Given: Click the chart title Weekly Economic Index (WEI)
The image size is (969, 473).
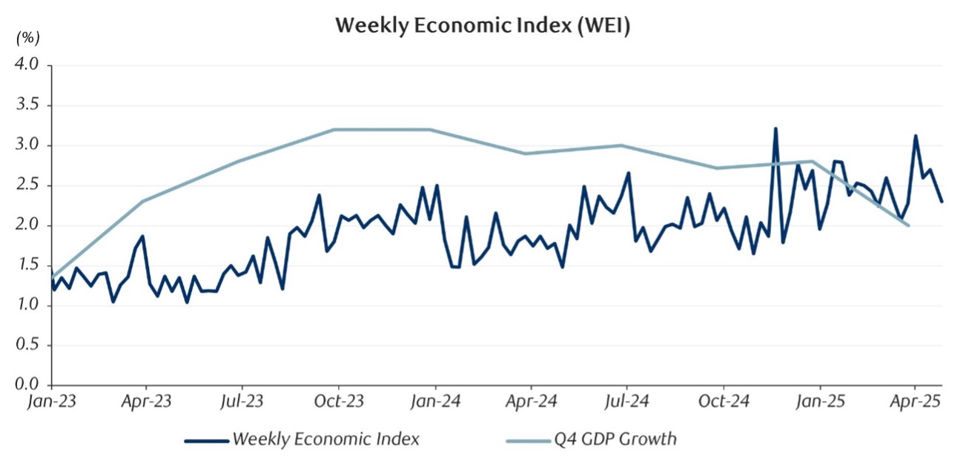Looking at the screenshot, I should [483, 24].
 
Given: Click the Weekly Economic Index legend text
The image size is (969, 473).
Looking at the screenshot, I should [326, 439].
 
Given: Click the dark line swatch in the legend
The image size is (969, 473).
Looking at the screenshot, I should [205, 440].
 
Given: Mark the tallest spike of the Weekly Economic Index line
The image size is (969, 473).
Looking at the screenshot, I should [775, 129].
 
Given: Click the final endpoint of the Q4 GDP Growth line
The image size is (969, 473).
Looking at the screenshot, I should [908, 225].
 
